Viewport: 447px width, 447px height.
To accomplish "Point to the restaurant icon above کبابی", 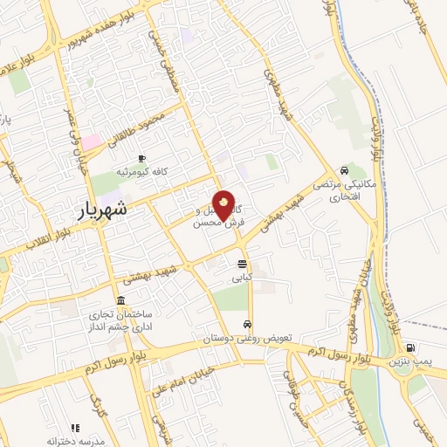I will point(241,264).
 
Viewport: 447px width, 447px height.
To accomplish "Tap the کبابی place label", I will point(241,278).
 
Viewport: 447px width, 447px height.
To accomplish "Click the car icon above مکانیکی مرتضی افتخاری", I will point(345,171).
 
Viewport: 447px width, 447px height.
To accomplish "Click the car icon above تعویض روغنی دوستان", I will point(248,324).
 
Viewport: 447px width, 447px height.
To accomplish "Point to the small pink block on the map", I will point(91,141).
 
